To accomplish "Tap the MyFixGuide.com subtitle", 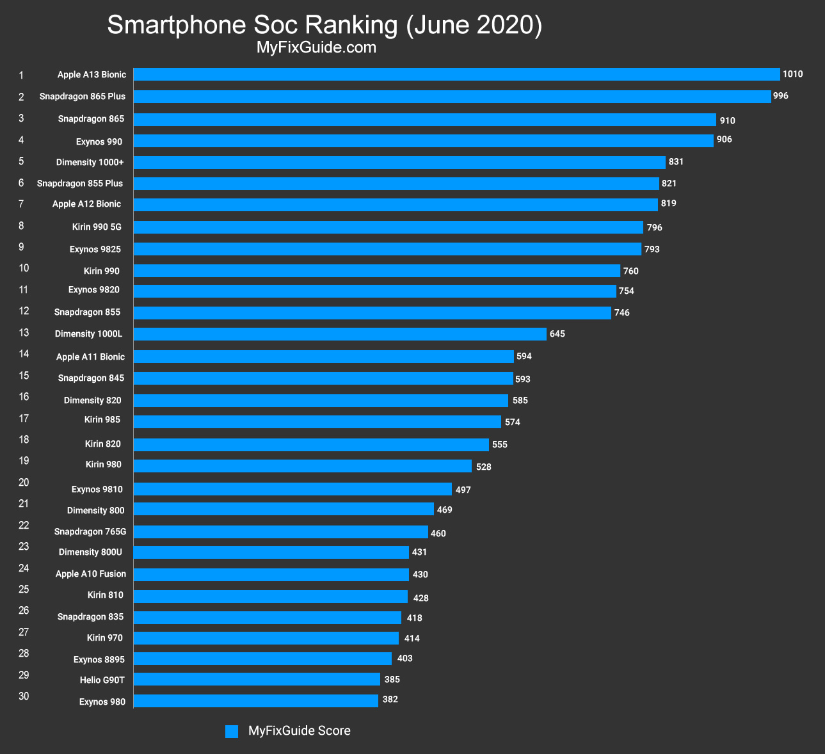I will tap(316, 47).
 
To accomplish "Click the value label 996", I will tap(780, 96).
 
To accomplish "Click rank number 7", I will tap(21, 204).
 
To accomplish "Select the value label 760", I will tap(630, 271).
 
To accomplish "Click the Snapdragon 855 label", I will tap(87, 312).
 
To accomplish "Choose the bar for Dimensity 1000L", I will tap(340, 334).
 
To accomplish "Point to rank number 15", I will tap(24, 375).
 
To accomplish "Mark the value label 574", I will tap(512, 422).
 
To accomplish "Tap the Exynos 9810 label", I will tap(97, 490).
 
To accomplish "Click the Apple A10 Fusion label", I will tap(91, 574).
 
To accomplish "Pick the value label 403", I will tap(404, 659).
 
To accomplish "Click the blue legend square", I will tap(232, 731).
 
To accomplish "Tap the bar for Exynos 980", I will tap(255, 701).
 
